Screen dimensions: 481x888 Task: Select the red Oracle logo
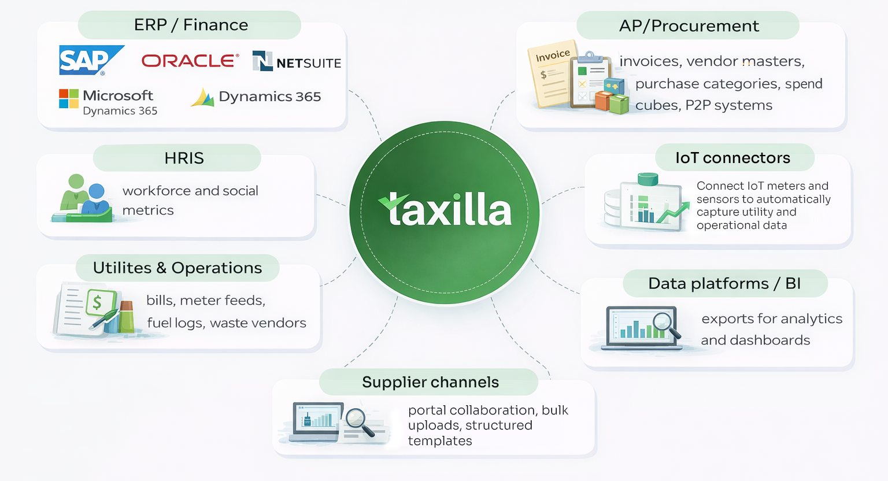click(x=190, y=61)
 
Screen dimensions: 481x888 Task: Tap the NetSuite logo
click(x=297, y=61)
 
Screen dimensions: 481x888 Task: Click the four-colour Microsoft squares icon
click(x=69, y=99)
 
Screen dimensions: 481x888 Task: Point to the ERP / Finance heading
click(x=190, y=25)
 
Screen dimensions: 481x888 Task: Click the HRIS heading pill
click(x=183, y=158)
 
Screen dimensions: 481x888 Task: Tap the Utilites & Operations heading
click(x=177, y=268)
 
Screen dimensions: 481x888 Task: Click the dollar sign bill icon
click(x=97, y=302)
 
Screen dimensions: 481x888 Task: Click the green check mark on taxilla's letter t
click(x=393, y=201)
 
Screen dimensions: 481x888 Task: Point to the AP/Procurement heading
click(x=689, y=26)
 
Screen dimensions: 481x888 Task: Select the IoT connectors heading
click(x=732, y=158)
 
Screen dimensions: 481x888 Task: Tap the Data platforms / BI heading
click(x=724, y=283)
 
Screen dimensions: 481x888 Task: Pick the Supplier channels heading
click(x=430, y=382)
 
